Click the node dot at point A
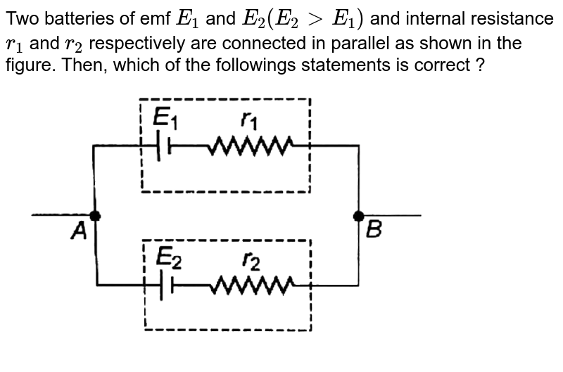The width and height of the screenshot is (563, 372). [x=94, y=215]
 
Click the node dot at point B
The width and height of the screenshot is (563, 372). [x=358, y=215]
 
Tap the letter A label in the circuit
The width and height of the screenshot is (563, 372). [x=80, y=230]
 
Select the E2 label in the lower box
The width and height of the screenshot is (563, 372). [x=169, y=258]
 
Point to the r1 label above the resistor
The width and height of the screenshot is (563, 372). [x=248, y=121]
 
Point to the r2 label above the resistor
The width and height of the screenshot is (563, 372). [x=251, y=260]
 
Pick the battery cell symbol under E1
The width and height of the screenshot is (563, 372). [x=164, y=146]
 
